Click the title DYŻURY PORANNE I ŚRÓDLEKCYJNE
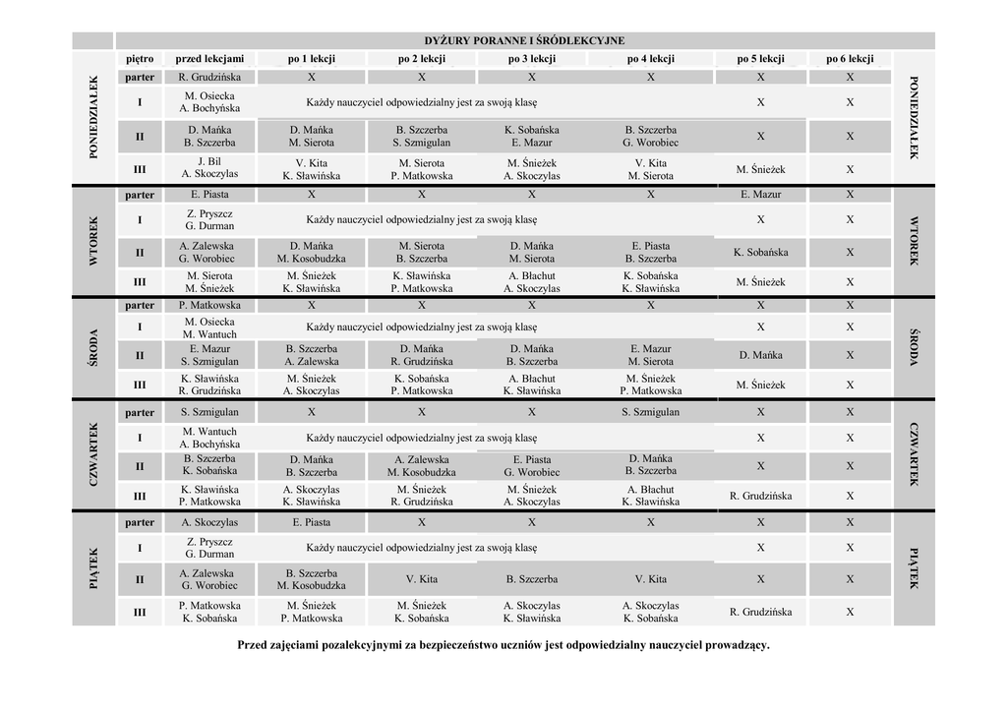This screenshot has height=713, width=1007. (x=524, y=41)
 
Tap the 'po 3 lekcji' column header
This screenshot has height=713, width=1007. (x=531, y=59)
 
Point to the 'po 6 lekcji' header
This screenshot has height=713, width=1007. (x=850, y=59)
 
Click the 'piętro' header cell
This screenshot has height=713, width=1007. (x=140, y=59)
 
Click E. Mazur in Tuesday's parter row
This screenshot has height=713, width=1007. (x=760, y=195)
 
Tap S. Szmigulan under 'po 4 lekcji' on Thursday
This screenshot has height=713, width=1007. (x=650, y=412)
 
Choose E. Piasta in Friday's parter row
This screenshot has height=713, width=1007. (x=311, y=522)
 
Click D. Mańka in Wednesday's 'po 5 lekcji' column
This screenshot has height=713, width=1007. (x=760, y=355)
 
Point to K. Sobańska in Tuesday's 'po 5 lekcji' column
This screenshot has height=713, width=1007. (x=760, y=252)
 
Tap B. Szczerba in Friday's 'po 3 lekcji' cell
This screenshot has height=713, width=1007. (x=531, y=579)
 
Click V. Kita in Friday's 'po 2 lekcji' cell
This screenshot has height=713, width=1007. (x=421, y=579)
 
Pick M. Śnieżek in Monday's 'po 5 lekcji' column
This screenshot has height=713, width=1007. (x=760, y=169)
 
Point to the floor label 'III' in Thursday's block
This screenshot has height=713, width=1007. (x=140, y=496)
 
